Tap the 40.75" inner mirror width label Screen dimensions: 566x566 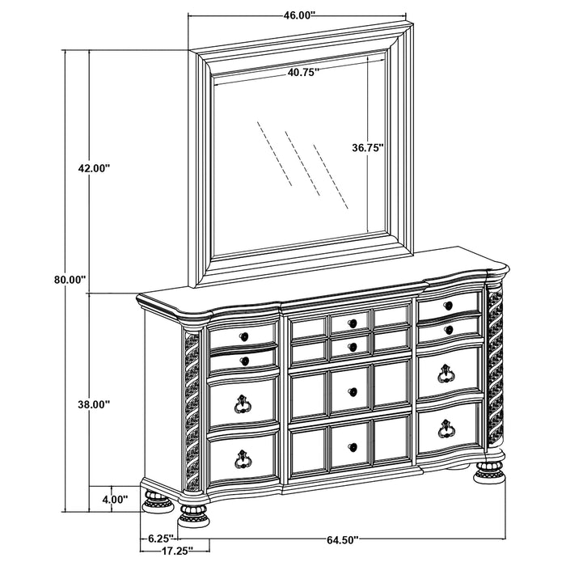(302, 72)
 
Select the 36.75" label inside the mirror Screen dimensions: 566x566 (368, 148)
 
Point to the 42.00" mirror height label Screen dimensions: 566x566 (93, 168)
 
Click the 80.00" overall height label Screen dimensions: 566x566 (70, 279)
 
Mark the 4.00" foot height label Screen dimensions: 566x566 (114, 500)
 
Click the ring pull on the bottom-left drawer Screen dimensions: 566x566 (242, 459)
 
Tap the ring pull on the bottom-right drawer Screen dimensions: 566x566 (446, 429)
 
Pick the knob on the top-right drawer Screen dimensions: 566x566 (448, 305)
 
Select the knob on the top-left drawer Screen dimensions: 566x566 (243, 335)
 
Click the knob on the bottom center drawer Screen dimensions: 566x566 (351, 446)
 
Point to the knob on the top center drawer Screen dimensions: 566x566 (351, 323)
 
